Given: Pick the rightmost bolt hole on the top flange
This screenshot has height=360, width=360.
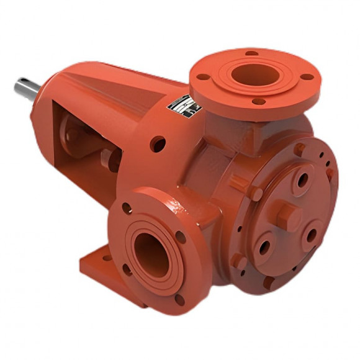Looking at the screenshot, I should click(x=307, y=77).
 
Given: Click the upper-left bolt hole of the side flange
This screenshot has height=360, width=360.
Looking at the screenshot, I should click(x=127, y=209).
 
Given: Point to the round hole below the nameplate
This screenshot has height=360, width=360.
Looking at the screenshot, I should click(x=158, y=143).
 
